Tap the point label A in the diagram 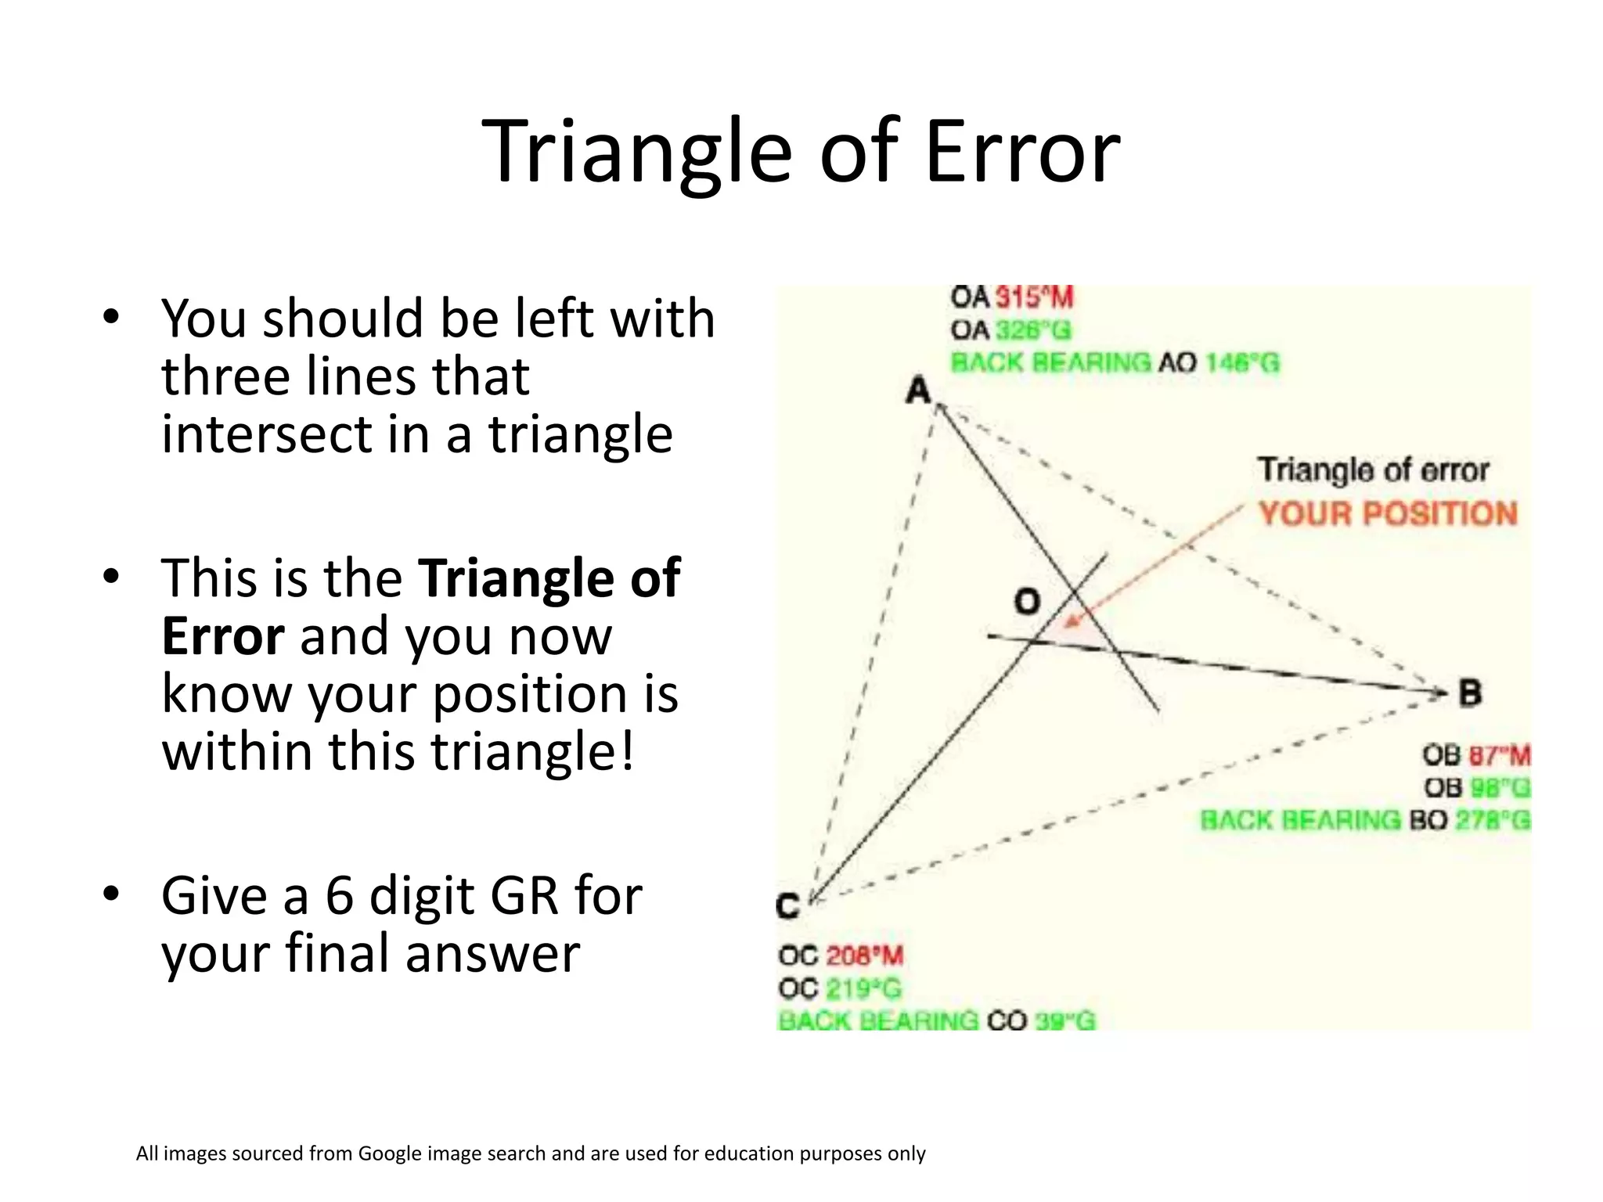point(918,390)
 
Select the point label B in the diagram point(1470,693)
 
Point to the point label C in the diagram point(787,905)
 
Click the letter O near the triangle point(1027,602)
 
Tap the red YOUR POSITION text point(1388,513)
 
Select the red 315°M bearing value point(1034,297)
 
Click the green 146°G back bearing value point(1242,363)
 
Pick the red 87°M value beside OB point(1499,756)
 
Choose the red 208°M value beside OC point(864,955)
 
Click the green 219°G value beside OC point(864,988)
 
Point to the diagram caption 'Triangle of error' point(1373,470)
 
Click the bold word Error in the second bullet point(222,636)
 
